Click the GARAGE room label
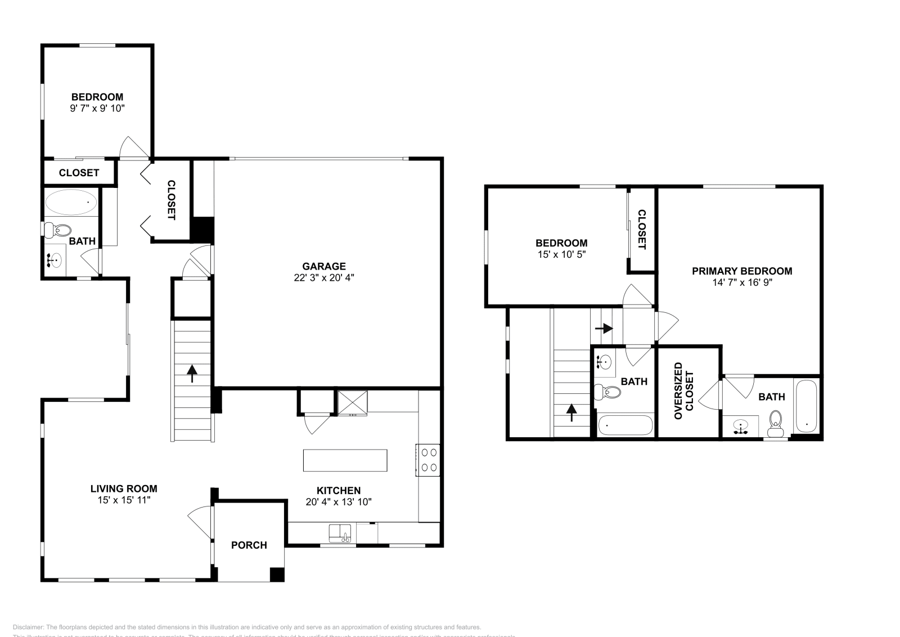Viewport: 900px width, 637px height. [x=323, y=266]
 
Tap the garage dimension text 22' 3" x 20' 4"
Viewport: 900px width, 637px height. [x=323, y=277]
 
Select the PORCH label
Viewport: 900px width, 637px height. [x=249, y=545]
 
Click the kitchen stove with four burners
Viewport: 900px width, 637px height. [x=427, y=459]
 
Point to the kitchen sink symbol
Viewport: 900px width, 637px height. [x=340, y=532]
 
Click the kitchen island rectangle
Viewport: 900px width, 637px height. [x=345, y=460]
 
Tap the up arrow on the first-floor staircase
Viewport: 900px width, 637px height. [x=192, y=373]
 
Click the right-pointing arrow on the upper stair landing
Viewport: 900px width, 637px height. [x=606, y=328]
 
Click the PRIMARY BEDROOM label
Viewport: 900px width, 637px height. [x=742, y=271]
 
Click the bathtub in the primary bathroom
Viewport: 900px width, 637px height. [x=807, y=407]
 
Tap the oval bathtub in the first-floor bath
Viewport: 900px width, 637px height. [x=71, y=202]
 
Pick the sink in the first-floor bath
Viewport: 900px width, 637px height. [x=55, y=261]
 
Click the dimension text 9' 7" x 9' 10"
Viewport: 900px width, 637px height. [x=97, y=108]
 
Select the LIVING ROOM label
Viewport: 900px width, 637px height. [x=124, y=488]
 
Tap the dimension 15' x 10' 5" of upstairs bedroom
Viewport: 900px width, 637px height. [x=561, y=254]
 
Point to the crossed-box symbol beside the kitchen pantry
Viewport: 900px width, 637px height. [x=352, y=402]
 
